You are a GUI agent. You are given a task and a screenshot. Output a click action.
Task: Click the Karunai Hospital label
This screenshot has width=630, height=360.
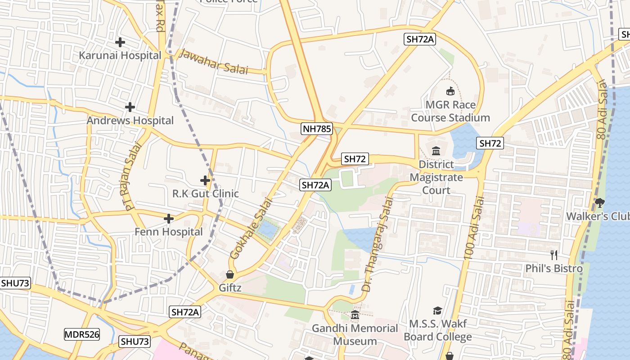click(120, 55)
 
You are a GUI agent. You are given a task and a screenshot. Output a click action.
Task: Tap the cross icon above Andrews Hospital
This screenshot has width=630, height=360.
click(130, 107)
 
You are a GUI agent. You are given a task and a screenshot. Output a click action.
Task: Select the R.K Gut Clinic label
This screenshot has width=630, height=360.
click(206, 193)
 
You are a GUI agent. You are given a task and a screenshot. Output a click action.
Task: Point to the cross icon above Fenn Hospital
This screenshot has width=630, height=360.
click(169, 219)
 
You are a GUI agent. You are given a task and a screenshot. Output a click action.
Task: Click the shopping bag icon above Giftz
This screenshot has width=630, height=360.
click(230, 274)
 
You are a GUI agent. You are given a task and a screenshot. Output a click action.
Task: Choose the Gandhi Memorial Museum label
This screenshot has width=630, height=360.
click(355, 334)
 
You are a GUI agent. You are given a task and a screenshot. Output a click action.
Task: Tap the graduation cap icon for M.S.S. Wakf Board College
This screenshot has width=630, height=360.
click(437, 310)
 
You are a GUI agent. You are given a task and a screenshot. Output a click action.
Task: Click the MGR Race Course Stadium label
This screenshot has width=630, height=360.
click(450, 111)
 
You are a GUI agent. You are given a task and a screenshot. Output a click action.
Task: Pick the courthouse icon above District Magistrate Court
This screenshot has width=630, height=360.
click(436, 151)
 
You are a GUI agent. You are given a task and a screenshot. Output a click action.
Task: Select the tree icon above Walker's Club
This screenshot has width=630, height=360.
click(599, 203)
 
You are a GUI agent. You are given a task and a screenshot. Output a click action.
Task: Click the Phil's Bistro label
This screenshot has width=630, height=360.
click(554, 268)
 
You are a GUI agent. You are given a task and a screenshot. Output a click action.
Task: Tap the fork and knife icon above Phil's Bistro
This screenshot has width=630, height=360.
click(554, 255)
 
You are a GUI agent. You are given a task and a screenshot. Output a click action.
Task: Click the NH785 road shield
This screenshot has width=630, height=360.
click(317, 129)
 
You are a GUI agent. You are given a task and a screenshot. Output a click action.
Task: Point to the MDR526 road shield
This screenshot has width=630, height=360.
click(82, 334)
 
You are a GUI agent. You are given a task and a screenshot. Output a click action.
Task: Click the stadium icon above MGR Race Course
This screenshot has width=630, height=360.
click(450, 91)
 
